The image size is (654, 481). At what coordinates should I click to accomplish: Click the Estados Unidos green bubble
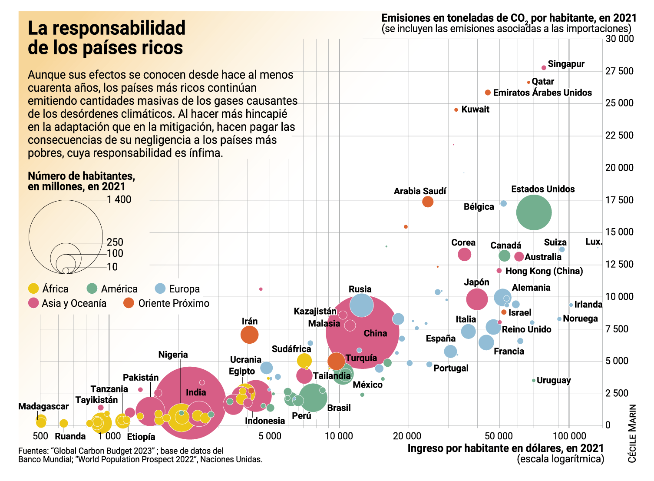tap(534, 212)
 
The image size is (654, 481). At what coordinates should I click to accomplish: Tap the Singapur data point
tap(544, 68)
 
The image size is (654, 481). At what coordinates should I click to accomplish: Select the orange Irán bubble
tap(249, 335)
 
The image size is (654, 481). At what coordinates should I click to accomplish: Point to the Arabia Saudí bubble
tap(428, 202)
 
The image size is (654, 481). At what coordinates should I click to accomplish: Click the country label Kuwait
tap(475, 109)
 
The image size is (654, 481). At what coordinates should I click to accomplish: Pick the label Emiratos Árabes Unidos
tap(542, 93)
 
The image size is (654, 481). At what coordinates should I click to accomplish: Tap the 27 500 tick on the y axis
tap(619, 71)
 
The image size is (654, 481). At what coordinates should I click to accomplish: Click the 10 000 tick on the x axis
tap(339, 436)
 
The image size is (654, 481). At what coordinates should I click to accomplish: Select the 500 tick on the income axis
tap(40, 436)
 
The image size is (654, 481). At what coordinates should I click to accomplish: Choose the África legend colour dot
tap(33, 289)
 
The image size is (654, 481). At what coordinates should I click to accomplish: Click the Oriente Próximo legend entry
tap(173, 303)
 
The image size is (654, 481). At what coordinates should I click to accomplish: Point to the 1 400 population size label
tap(119, 199)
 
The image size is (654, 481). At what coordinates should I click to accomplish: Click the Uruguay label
tap(554, 380)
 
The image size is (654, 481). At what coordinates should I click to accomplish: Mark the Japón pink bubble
tap(477, 299)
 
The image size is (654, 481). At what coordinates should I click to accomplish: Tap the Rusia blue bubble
tap(361, 305)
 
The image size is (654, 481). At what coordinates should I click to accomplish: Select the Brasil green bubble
tap(312, 397)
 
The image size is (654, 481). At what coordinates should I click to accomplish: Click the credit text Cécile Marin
tap(632, 433)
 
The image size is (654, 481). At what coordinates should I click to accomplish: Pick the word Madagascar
tap(43, 406)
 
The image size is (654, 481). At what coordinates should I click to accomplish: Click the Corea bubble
tap(464, 254)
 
